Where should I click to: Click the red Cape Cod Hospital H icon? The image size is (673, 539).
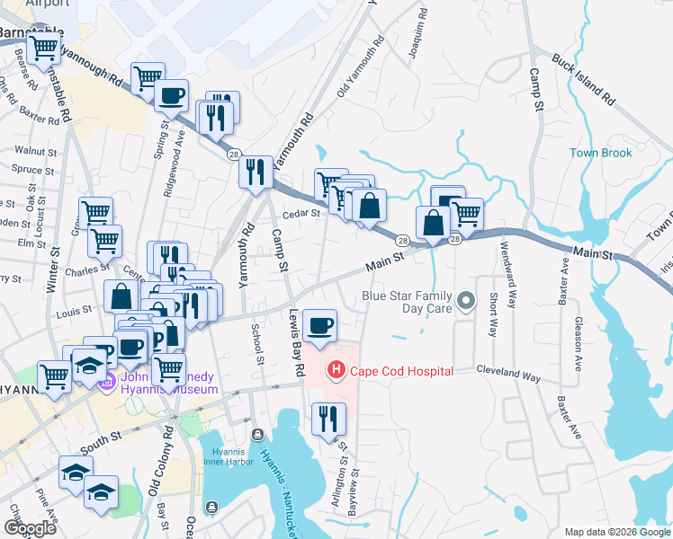point(336,369)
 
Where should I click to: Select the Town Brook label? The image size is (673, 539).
point(601,153)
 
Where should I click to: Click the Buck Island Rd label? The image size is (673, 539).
point(583,79)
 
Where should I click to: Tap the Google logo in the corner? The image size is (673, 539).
point(31,528)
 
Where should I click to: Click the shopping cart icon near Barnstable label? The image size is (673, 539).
point(42,51)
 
